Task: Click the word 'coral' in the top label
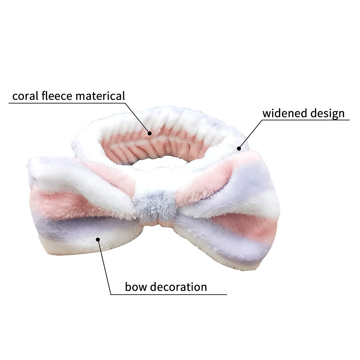click(x=25, y=96)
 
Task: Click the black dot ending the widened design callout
click(x=239, y=148)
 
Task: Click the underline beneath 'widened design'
click(x=306, y=120)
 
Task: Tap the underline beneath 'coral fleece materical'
click(x=66, y=103)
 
